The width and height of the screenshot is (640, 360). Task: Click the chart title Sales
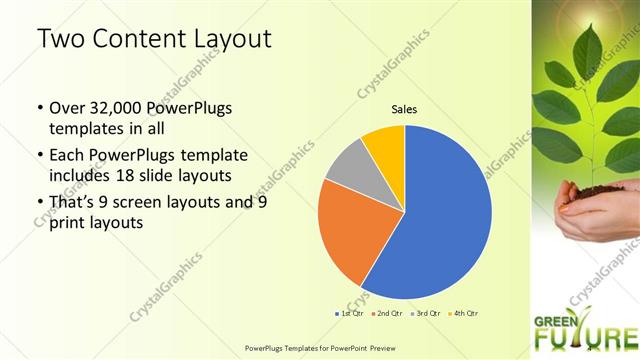tap(404, 110)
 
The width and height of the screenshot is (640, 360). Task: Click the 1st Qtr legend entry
tap(349, 314)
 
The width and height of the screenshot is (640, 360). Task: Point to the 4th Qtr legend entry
tap(463, 314)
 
